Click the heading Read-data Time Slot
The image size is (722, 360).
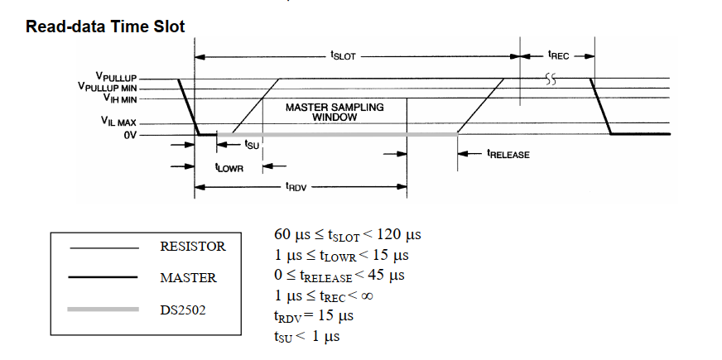105,26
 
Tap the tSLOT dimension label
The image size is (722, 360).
344,56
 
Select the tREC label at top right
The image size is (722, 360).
559,56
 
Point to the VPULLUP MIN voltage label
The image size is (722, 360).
108,87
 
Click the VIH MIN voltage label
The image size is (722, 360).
119,98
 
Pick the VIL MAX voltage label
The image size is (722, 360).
120,122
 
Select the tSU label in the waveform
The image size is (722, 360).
253,144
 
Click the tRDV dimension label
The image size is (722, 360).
296,187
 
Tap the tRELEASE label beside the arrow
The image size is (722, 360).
508,154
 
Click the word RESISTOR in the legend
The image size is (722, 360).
192,247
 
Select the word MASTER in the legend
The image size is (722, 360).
188,277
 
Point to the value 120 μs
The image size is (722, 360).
403,233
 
